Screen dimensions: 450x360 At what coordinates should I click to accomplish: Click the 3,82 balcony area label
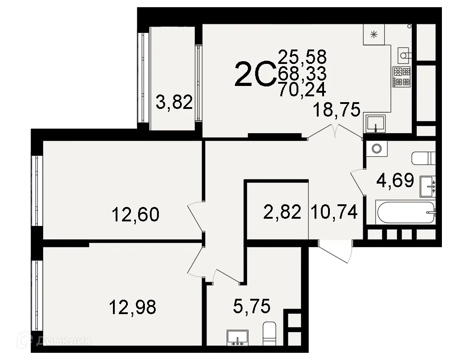(x=174, y=103)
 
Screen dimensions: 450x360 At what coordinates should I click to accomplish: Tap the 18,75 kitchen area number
(x=336, y=109)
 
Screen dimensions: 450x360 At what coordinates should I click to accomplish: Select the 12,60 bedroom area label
(x=135, y=215)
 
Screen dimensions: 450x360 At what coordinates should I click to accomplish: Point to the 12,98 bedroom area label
(x=133, y=307)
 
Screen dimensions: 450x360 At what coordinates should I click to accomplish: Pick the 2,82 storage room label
(x=283, y=212)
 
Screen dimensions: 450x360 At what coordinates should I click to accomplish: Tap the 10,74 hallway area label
(x=334, y=212)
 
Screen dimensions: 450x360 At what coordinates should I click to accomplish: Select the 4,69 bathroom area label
(x=395, y=180)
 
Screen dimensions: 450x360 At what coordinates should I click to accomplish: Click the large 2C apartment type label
(x=254, y=74)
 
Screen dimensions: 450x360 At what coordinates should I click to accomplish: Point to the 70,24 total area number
(x=302, y=90)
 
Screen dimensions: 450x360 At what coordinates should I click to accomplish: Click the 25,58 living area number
(x=302, y=57)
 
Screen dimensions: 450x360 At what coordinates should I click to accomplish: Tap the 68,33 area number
(x=302, y=73)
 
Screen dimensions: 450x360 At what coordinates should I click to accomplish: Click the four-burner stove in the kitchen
(x=401, y=76)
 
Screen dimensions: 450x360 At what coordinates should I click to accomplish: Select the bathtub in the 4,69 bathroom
(x=406, y=212)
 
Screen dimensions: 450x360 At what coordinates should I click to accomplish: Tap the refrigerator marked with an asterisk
(x=373, y=35)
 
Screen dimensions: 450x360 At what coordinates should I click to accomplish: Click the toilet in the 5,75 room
(x=269, y=333)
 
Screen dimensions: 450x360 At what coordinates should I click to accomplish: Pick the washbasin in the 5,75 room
(x=237, y=337)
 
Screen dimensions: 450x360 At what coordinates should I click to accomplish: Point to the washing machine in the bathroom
(x=376, y=148)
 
